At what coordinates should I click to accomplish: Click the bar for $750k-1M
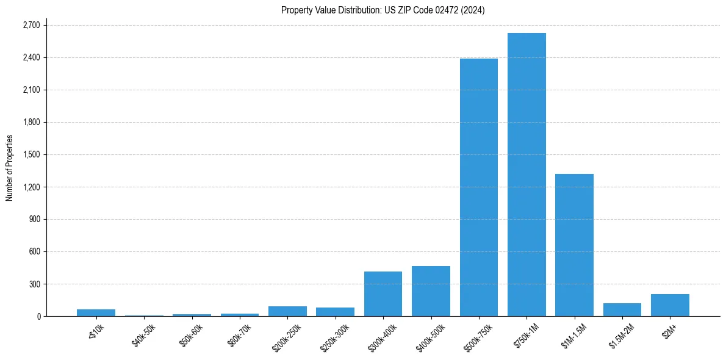pyautogui.click(x=527, y=175)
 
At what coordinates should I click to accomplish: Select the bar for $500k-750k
pyautogui.click(x=479, y=187)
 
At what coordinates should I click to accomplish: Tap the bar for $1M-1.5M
pyautogui.click(x=574, y=245)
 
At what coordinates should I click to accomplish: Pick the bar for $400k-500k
pyautogui.click(x=431, y=291)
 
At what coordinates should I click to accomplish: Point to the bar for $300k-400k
pyautogui.click(x=383, y=293)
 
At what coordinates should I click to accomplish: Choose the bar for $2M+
pyautogui.click(x=670, y=305)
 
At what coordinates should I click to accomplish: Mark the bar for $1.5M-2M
pyautogui.click(x=622, y=310)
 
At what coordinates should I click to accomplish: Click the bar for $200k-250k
pyautogui.click(x=287, y=311)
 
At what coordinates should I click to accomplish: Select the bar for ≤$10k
pyautogui.click(x=96, y=312)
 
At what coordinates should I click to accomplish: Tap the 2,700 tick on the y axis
pyautogui.click(x=31, y=25)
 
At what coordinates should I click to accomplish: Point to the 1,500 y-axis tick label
pyautogui.click(x=31, y=154)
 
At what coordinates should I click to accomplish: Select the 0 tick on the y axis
pyautogui.click(x=38, y=316)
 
